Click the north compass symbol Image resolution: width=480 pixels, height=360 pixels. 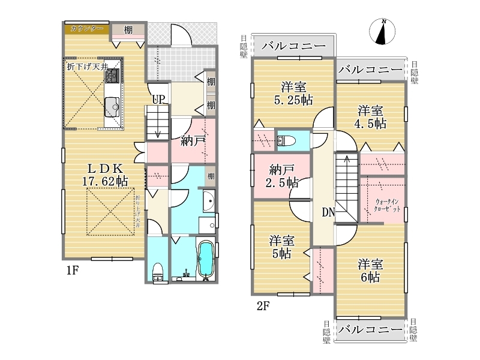tap(382, 31)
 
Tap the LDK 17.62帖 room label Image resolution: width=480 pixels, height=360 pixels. tap(105, 175)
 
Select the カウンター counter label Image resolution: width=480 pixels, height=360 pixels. tap(87, 28)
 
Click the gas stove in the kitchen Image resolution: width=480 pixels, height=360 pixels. tap(112, 76)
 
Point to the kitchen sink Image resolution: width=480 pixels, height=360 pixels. tap(112, 107)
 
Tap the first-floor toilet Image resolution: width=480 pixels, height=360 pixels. tap(158, 272)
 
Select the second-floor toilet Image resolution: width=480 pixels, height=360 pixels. tap(286, 141)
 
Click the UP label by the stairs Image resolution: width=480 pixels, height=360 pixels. tap(159, 99)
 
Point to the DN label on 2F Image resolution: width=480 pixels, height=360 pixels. tap(328, 212)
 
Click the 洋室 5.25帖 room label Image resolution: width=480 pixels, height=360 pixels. tap(293, 94)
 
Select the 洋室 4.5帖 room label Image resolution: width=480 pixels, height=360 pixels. tap(370, 117)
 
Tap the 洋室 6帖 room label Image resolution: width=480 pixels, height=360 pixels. tap(370, 271)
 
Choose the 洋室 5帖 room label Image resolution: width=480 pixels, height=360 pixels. tap(281, 247)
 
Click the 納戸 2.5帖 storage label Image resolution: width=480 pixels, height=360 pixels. tap(281, 176)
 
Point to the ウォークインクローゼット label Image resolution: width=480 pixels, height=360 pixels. tap(387, 205)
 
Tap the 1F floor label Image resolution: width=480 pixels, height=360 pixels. tap(73, 271)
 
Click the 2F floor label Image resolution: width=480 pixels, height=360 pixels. tap(263, 306)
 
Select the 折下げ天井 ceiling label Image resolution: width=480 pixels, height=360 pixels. tap(88, 67)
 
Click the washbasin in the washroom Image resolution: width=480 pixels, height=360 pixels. tap(209, 201)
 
